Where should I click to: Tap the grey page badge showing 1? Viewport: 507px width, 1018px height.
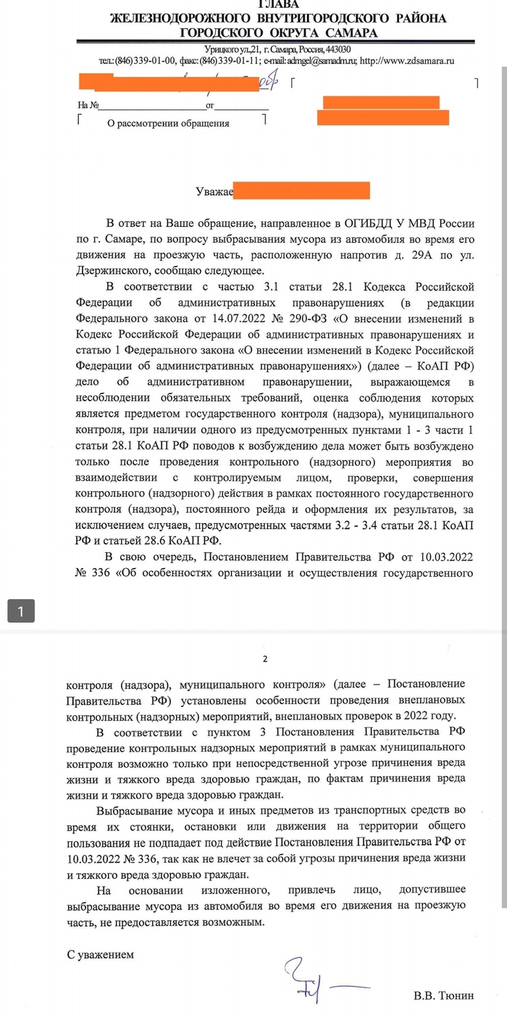click(x=21, y=611)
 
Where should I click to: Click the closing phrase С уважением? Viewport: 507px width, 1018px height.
click(x=101, y=954)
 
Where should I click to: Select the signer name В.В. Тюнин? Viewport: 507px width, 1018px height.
click(x=443, y=996)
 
